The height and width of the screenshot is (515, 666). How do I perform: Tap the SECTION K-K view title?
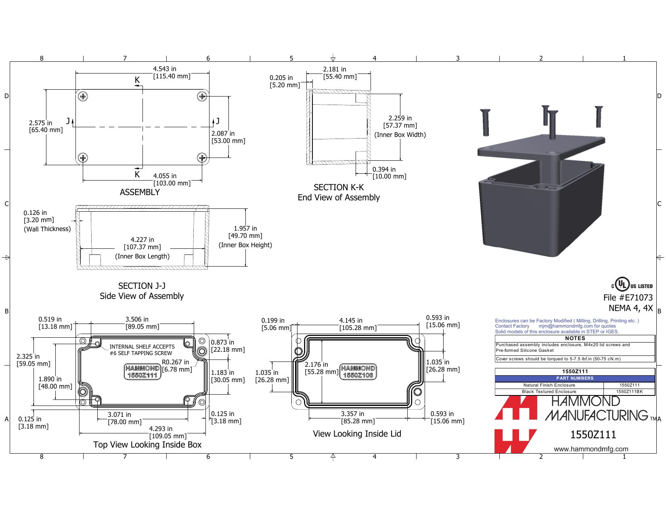pyautogui.click(x=339, y=187)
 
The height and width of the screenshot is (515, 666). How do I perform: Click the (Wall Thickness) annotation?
pyautogui.click(x=47, y=229)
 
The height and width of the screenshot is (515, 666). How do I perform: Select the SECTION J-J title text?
pyautogui.click(x=142, y=286)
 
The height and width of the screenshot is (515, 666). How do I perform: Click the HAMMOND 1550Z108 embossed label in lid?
pyautogui.click(x=358, y=372)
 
